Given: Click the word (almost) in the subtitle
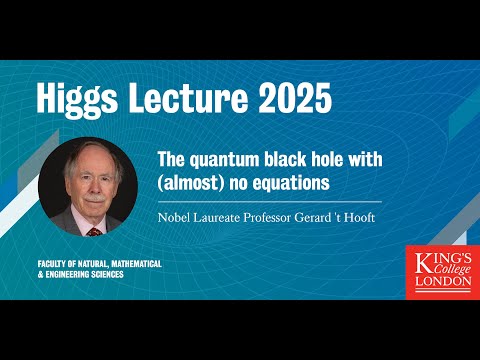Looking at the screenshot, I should [x=189, y=184].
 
